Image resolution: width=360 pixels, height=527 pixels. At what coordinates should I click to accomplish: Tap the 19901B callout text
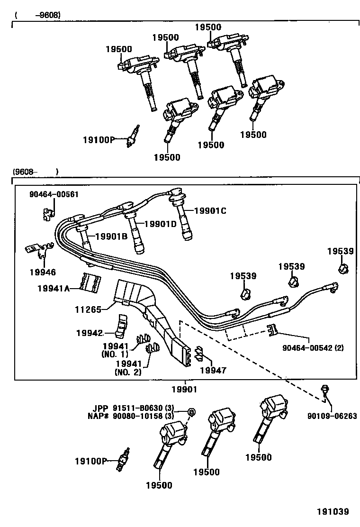111,237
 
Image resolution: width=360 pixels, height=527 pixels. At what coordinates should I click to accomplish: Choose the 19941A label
54,288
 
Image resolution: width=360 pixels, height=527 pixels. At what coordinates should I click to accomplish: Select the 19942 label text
89,333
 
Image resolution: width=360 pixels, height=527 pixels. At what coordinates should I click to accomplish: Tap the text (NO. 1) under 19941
114,354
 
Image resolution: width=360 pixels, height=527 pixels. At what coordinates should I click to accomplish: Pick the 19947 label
213,370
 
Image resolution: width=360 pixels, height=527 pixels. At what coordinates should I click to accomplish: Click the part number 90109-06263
332,417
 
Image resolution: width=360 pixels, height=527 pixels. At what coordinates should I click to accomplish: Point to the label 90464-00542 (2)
314,347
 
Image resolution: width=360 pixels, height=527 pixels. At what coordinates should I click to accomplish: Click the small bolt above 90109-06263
324,390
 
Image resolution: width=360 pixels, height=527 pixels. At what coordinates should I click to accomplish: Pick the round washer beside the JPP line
191,412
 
